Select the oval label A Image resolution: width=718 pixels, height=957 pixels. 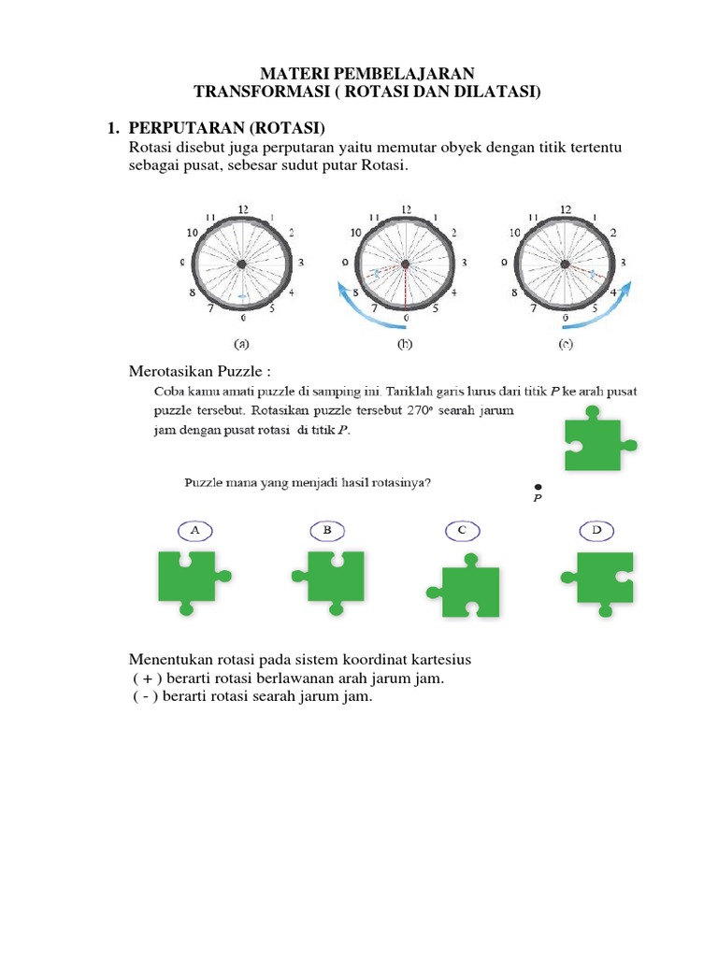[194, 531]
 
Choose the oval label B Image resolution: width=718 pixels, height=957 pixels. [327, 531]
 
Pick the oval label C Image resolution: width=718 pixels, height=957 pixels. [461, 531]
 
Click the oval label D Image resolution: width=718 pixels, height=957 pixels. [596, 531]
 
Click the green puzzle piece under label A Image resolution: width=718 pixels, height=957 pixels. [187, 578]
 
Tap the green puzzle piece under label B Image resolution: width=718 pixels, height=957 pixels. [328, 578]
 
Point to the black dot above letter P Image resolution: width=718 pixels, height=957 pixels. [538, 487]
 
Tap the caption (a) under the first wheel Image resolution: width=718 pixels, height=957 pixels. [242, 343]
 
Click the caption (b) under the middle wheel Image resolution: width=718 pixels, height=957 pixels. [405, 343]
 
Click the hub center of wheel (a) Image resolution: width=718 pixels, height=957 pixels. [242, 265]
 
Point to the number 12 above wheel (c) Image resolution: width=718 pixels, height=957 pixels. [566, 209]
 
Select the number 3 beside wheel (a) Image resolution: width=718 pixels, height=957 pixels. [300, 264]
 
